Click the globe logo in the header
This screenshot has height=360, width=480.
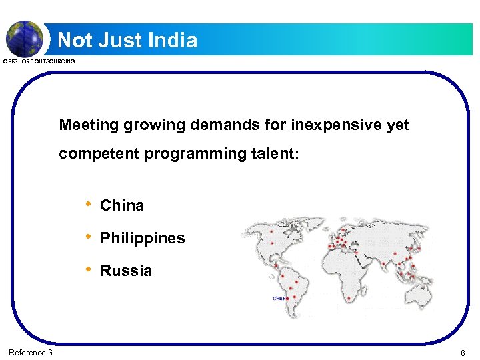[25, 38]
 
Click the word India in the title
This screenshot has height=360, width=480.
[172, 41]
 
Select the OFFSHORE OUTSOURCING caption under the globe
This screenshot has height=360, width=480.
[39, 61]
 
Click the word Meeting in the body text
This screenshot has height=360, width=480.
[87, 125]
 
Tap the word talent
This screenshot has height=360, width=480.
[274, 154]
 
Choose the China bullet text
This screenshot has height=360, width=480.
[122, 205]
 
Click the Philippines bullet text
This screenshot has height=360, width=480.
[142, 238]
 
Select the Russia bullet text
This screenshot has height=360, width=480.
[126, 271]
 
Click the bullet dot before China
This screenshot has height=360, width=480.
[87, 205]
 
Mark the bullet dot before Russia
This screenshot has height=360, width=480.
[87, 270]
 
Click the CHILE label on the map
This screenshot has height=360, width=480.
[280, 299]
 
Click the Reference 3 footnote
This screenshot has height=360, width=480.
[31, 352]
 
